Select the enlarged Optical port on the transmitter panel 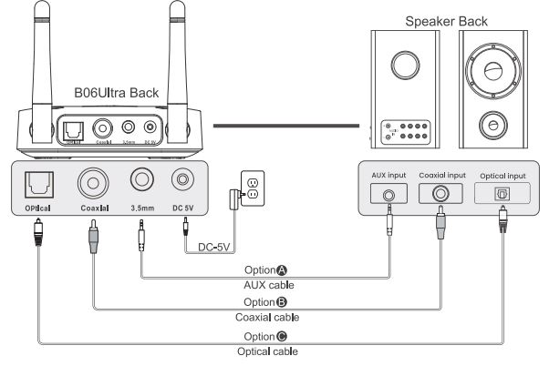point(39,186)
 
